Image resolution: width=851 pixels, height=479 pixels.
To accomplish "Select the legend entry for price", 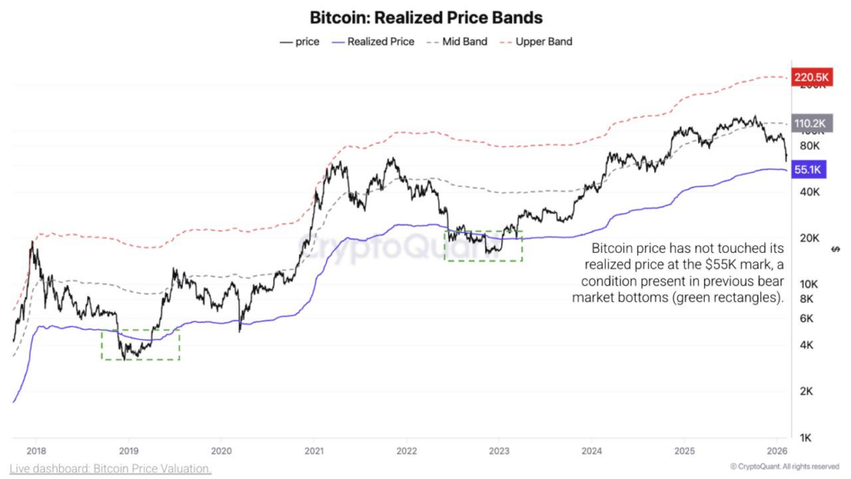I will pyautogui.click(x=300, y=42).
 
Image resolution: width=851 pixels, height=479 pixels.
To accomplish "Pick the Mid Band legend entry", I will pyautogui.click(x=456, y=42).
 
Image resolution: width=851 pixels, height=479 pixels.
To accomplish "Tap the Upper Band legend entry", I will pyautogui.click(x=536, y=42).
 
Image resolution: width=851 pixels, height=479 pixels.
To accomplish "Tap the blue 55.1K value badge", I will pyautogui.click(x=808, y=170).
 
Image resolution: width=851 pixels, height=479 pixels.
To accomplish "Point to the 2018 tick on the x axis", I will pyautogui.click(x=36, y=451).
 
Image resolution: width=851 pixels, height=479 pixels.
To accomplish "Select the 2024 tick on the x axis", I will pyautogui.click(x=592, y=451).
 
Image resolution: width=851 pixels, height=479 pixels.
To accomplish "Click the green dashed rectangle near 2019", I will pyautogui.click(x=140, y=344).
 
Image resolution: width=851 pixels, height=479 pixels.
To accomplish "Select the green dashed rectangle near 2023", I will pyautogui.click(x=484, y=246).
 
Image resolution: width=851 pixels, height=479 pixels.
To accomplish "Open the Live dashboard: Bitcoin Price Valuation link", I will pyautogui.click(x=111, y=469).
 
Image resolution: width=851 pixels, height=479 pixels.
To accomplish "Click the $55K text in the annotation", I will pyautogui.click(x=734, y=264).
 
